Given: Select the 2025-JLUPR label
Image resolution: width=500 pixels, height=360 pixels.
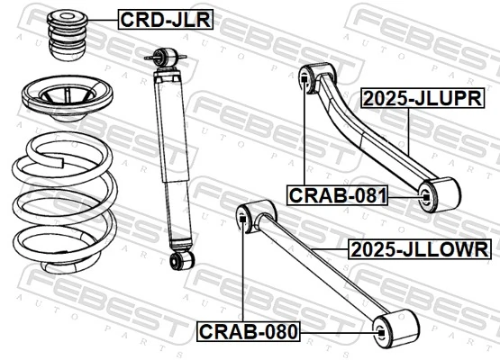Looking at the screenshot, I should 417,98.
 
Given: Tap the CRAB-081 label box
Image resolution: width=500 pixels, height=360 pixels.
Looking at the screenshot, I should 337,194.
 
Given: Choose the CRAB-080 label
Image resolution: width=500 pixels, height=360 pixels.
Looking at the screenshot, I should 248,332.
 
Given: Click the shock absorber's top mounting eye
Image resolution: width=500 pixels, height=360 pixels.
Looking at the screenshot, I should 164,56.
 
